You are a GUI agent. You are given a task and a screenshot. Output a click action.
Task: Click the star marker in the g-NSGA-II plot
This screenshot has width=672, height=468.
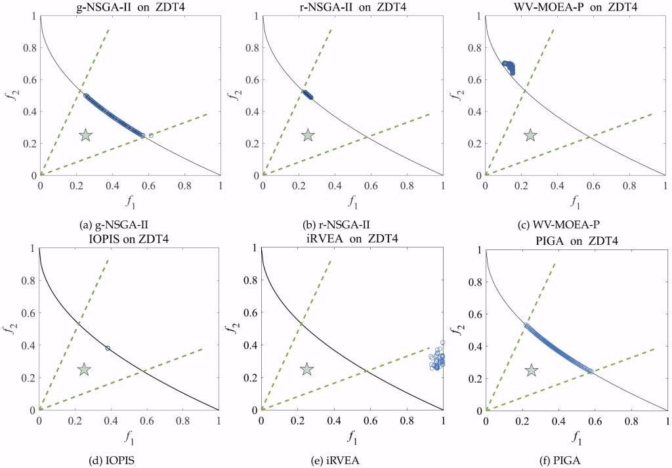tap(85, 135)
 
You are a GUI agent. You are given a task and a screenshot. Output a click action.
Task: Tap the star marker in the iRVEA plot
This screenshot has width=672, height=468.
tap(306, 369)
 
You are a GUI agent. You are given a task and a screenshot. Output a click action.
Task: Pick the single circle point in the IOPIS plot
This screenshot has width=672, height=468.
tap(108, 348)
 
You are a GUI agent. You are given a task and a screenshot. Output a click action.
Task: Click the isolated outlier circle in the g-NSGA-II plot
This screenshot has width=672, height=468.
tap(151, 135)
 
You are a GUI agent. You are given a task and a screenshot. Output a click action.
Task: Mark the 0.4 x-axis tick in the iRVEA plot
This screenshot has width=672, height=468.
tap(334, 417)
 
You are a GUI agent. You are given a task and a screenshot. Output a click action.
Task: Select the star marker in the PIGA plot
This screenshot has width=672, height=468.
tap(532, 371)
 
